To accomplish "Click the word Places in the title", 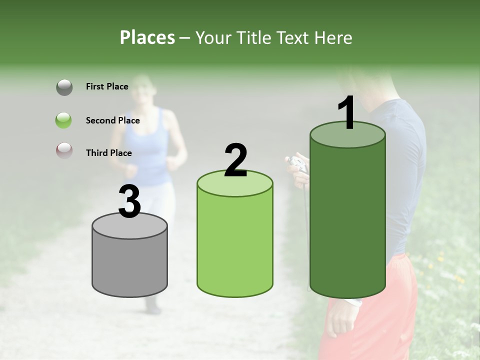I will (x=147, y=37).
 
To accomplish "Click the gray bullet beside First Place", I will (x=64, y=87).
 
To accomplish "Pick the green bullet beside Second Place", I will (x=64, y=120).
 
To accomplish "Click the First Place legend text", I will (x=107, y=86).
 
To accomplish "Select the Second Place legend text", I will (x=112, y=120).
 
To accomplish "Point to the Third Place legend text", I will (x=109, y=153).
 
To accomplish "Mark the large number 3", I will (x=129, y=201).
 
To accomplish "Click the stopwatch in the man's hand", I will (x=298, y=163).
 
